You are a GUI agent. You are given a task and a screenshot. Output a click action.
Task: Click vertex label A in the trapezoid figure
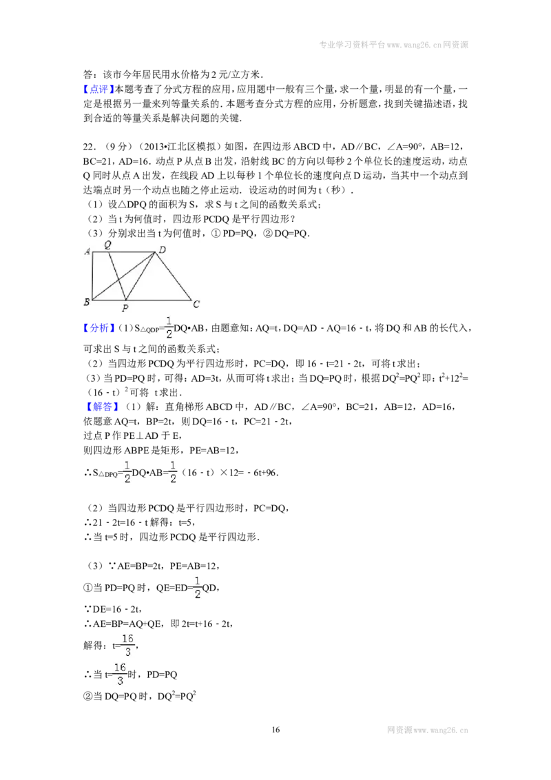(x=87, y=252)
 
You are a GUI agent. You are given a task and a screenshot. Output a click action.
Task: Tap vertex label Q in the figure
(x=107, y=244)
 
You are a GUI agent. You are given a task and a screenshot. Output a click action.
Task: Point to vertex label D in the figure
(x=162, y=249)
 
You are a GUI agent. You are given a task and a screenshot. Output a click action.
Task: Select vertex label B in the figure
(x=87, y=301)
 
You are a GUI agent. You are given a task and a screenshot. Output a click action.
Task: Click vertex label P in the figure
(x=125, y=309)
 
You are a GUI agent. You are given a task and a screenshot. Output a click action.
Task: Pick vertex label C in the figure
(x=196, y=303)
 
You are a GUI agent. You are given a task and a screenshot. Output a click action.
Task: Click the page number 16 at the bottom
(x=275, y=730)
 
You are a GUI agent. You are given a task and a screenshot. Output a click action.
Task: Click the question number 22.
(x=89, y=146)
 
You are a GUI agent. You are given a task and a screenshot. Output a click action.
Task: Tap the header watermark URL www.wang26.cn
(x=414, y=45)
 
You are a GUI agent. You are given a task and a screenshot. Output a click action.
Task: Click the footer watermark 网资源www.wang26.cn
(x=428, y=730)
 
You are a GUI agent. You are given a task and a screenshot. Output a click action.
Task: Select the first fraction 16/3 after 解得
(x=128, y=645)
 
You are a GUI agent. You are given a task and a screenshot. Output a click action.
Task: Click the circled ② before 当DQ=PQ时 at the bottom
(x=87, y=697)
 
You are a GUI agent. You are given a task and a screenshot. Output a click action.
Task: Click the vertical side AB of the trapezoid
(x=92, y=276)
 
